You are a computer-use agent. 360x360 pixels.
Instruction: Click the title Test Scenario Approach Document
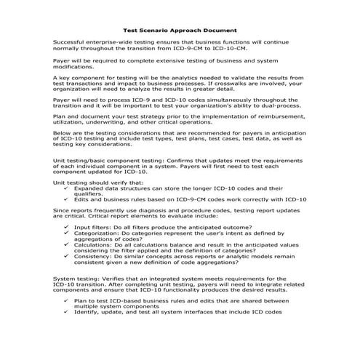[180, 31]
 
